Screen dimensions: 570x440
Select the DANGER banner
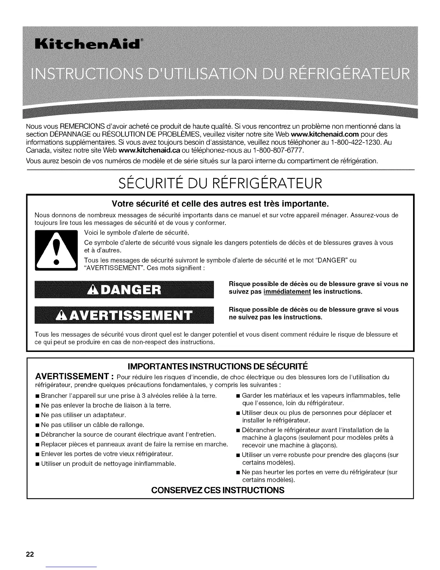[x=124, y=289]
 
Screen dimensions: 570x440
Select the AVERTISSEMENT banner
[x=124, y=315]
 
